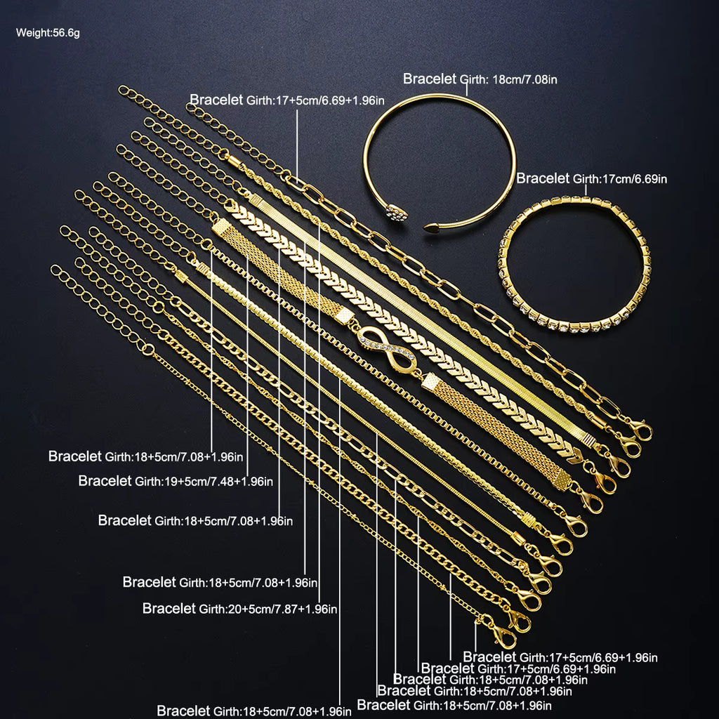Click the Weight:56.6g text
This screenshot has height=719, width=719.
pyautogui.click(x=48, y=32)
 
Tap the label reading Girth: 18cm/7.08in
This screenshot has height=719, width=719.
pyautogui.click(x=510, y=79)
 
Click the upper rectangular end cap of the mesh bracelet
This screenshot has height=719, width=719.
pyautogui.click(x=222, y=228)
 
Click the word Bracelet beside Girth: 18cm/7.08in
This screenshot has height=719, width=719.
pyautogui.click(x=430, y=79)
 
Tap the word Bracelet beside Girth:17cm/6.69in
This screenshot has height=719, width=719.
pyautogui.click(x=543, y=178)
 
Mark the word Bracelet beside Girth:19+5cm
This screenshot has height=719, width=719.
pyautogui.click(x=105, y=481)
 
